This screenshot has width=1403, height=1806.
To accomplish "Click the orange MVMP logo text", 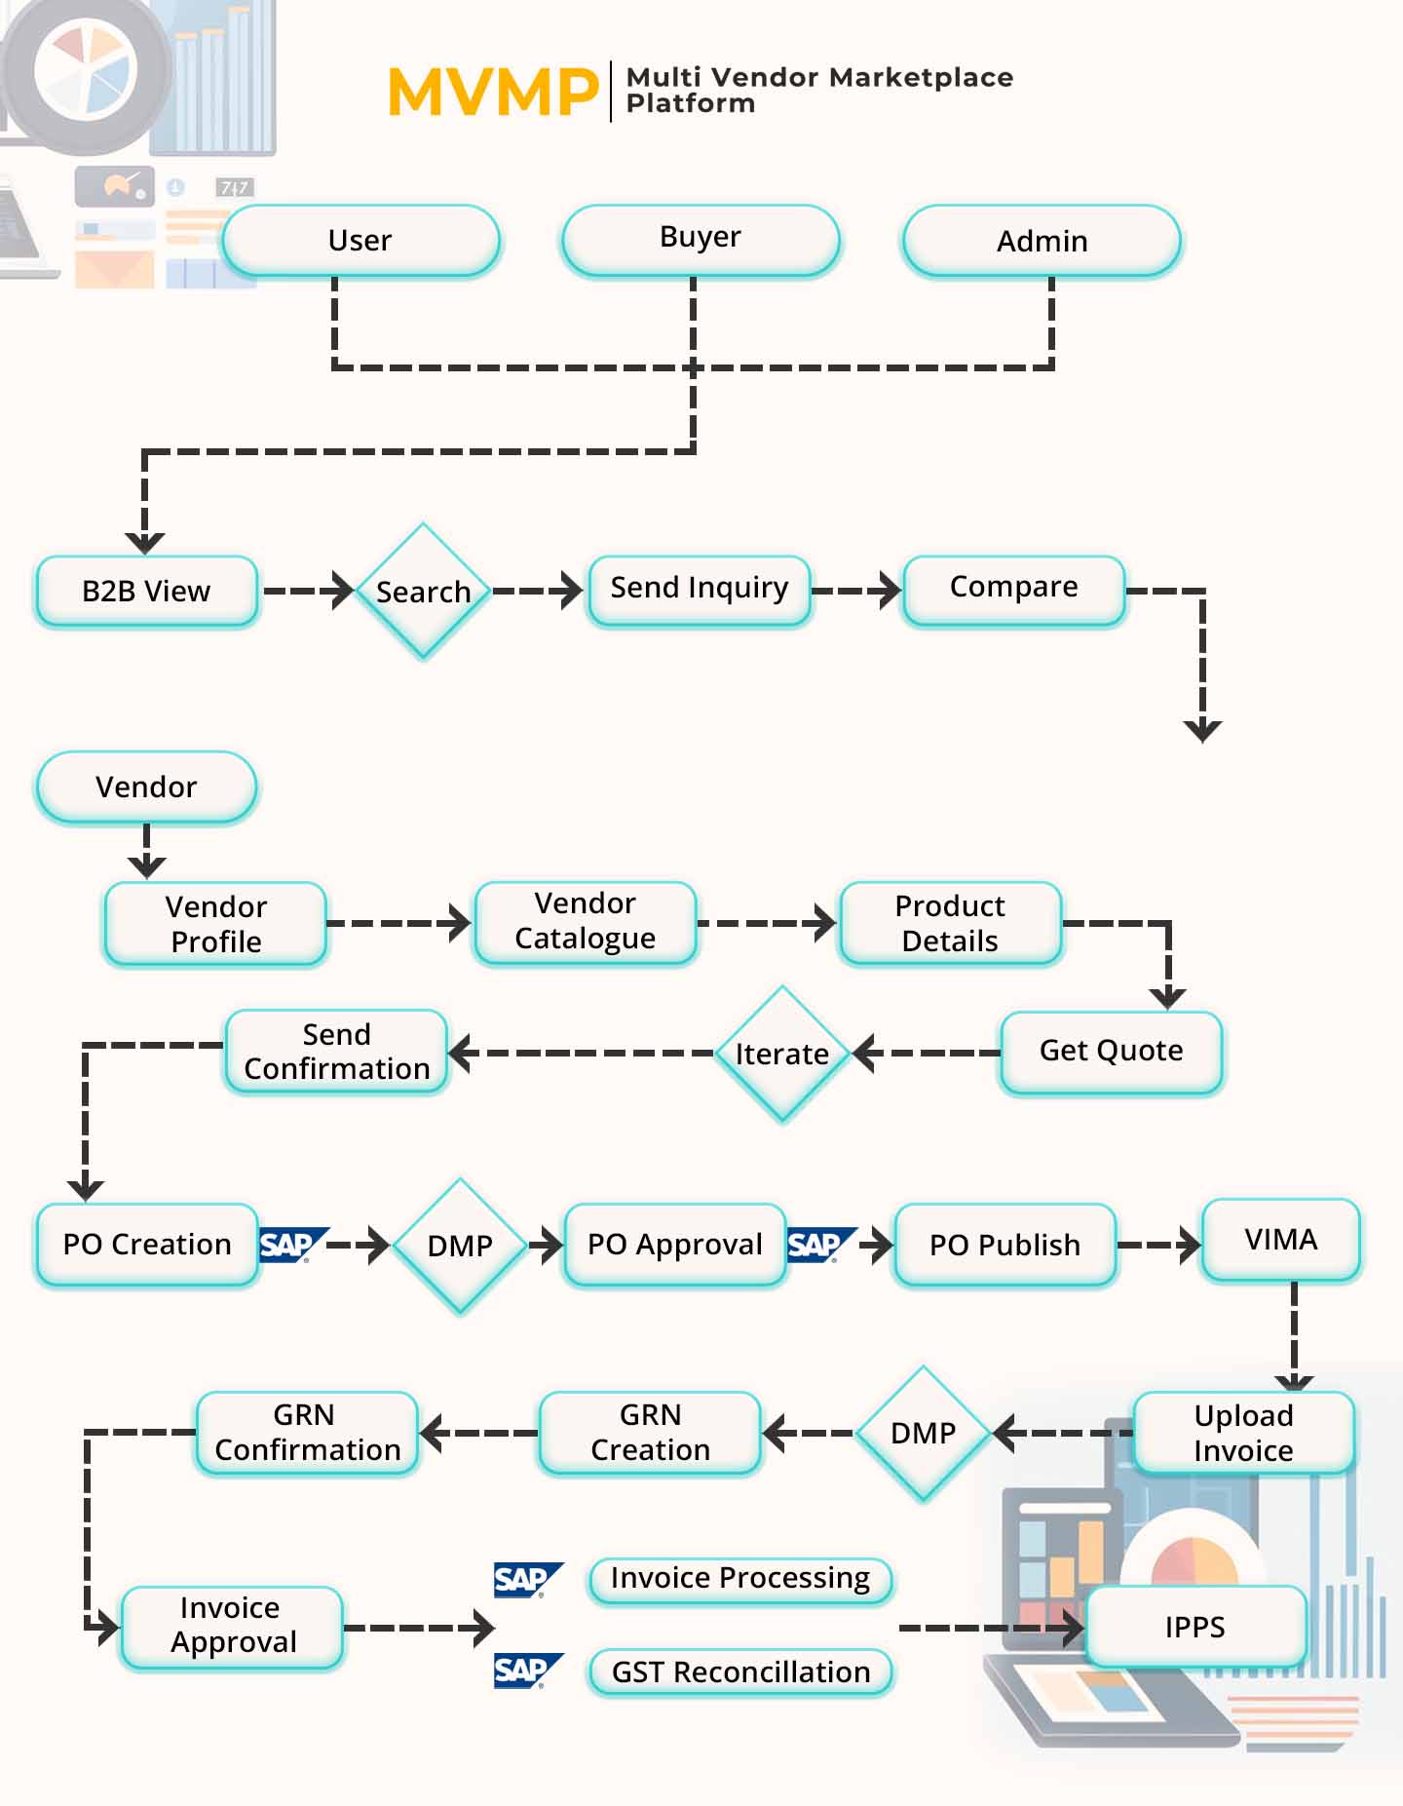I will click(x=492, y=93).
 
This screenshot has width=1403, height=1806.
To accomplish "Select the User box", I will click(x=360, y=241).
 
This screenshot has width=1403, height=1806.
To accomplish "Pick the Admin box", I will click(x=1042, y=241).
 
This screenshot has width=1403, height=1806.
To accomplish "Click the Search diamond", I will click(x=423, y=592).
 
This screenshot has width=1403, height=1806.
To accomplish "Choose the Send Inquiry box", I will click(x=699, y=590).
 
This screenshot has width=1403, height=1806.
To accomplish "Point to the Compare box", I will click(x=1013, y=589).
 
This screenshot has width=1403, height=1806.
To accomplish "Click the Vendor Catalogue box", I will click(x=585, y=922).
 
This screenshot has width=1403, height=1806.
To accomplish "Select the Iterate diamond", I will click(x=781, y=1054).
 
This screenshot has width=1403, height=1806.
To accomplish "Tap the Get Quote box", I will click(x=1111, y=1052).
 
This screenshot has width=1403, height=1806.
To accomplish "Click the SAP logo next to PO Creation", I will click(x=290, y=1245).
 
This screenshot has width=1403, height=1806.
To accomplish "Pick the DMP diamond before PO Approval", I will click(x=460, y=1246).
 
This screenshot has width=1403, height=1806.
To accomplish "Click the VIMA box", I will click(x=1280, y=1240).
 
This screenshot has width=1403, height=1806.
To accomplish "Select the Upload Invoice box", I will click(x=1243, y=1433).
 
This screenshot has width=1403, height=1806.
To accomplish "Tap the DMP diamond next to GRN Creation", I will click(x=923, y=1433).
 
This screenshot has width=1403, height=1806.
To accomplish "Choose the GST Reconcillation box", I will click(x=740, y=1672).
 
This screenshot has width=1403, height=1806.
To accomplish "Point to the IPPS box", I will click(x=1194, y=1627).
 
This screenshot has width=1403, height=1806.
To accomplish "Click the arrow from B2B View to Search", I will click(x=308, y=591).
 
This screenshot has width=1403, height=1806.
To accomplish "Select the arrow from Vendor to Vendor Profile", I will click(x=146, y=851).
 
